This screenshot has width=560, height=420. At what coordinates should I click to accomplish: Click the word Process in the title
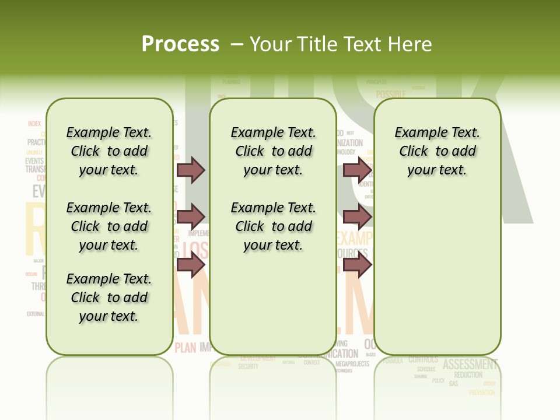click(180, 44)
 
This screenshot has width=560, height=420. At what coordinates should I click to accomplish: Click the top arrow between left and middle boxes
click(191, 170)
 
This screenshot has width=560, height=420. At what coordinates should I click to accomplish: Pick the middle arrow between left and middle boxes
click(191, 217)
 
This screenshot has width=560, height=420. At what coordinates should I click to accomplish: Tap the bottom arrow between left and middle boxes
click(191, 264)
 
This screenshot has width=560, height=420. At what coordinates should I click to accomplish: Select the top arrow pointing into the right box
click(356, 170)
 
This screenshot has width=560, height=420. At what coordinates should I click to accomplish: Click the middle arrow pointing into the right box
click(356, 217)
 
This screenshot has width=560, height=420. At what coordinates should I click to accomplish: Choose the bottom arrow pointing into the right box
click(356, 264)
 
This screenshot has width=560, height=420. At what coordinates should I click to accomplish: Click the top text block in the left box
click(109, 151)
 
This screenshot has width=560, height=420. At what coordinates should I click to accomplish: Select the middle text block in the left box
click(109, 226)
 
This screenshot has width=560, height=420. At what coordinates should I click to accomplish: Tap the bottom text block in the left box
click(109, 297)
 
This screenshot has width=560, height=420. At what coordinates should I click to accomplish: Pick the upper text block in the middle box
click(273, 151)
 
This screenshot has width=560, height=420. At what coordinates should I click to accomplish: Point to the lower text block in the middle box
click(273, 226)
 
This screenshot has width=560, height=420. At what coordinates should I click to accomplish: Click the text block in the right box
click(437, 151)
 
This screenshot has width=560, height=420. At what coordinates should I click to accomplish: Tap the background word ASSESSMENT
click(470, 365)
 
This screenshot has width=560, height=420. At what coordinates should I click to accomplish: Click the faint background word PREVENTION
click(481, 393)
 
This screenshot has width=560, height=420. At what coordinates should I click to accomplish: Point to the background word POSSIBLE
click(391, 94)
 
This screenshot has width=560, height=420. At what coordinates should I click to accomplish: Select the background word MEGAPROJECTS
click(352, 364)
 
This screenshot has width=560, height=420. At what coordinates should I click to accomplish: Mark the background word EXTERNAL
click(35, 314)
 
